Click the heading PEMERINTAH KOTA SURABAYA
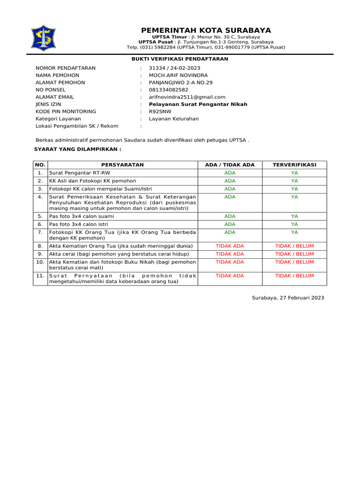coord(206,30)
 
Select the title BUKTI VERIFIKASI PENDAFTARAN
coord(180,59)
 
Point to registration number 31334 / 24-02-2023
coord(174,68)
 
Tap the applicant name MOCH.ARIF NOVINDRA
coord(178,75)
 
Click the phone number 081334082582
coord(169,90)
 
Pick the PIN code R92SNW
coord(160,112)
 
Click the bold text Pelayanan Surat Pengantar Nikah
coord(198,104)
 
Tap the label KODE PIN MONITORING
coord(66,112)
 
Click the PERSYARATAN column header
coord(122,165)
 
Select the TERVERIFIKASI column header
coord(294,165)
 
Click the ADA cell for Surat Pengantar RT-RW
coord(230,173)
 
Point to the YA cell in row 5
coord(294,217)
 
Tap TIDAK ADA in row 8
coord(230,246)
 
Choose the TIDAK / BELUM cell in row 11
coord(294,276)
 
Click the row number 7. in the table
coord(40,232)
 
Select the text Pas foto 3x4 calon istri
coord(78,224)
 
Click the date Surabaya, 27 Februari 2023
coord(288,298)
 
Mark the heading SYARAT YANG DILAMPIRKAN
coord(78,149)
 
